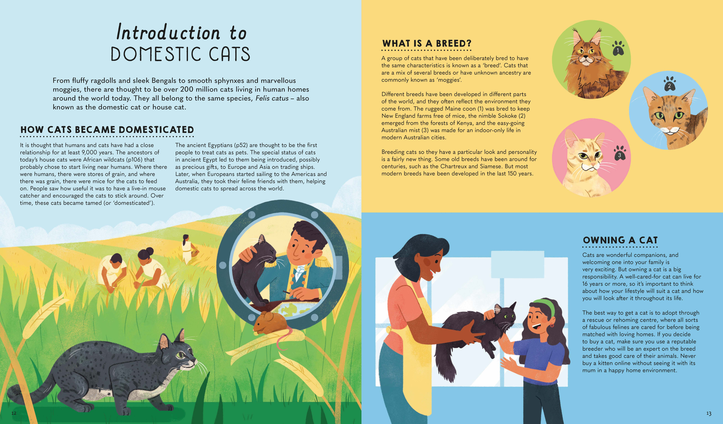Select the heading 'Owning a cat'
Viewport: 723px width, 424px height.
pos(620,240)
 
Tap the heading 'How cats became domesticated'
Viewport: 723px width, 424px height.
pos(107,130)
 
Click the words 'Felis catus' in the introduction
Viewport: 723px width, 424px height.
pos(272,98)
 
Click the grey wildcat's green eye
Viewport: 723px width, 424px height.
pos(181,356)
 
